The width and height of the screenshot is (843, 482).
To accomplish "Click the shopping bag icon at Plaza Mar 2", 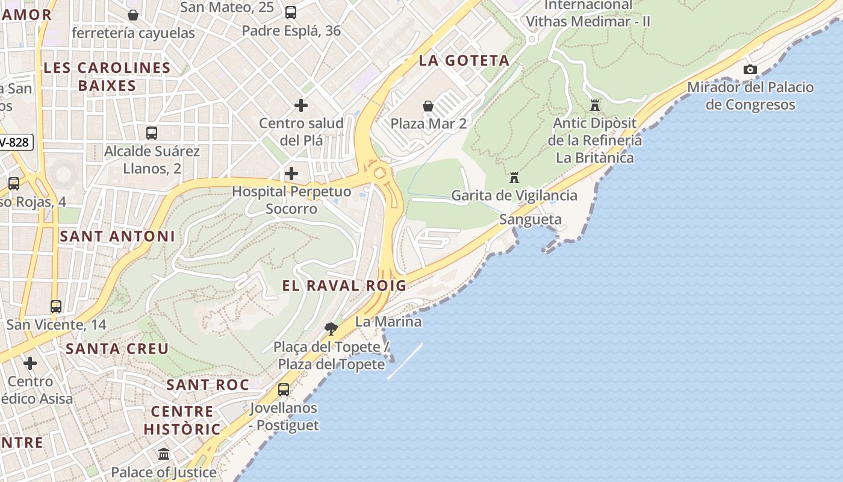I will (x=428, y=107).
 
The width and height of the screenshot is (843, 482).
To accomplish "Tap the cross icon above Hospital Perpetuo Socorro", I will (x=291, y=174).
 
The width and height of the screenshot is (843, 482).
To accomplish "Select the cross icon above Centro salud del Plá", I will (x=301, y=106).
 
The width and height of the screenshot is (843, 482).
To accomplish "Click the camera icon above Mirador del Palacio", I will (x=750, y=70).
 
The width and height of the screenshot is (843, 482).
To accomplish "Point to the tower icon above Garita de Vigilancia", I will (x=514, y=178).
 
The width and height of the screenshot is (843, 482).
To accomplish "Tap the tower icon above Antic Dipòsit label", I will (x=595, y=106).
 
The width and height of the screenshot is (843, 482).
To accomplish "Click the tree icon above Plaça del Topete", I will (x=331, y=329).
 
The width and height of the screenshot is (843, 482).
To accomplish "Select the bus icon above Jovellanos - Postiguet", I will (x=284, y=390).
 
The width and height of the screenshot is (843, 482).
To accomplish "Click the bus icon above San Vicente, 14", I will (x=56, y=307).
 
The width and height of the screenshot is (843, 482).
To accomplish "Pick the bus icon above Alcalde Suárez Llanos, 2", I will (x=152, y=133).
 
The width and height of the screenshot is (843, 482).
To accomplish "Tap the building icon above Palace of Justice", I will (x=164, y=454).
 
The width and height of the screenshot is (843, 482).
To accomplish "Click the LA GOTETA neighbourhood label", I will (x=464, y=61).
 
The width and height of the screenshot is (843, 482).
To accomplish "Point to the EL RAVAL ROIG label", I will (x=344, y=286).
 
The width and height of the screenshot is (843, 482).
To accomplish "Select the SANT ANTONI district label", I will (x=117, y=237).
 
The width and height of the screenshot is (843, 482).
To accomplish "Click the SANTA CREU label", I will (x=117, y=349).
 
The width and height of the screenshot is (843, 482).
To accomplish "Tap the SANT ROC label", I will (x=208, y=385).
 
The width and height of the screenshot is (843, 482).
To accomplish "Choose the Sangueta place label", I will (x=530, y=220).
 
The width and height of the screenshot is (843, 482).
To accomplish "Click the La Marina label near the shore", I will (x=388, y=322).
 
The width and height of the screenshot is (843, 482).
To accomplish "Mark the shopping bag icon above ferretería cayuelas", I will (x=133, y=15).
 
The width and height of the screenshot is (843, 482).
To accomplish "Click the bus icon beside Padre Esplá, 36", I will (x=291, y=13).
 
